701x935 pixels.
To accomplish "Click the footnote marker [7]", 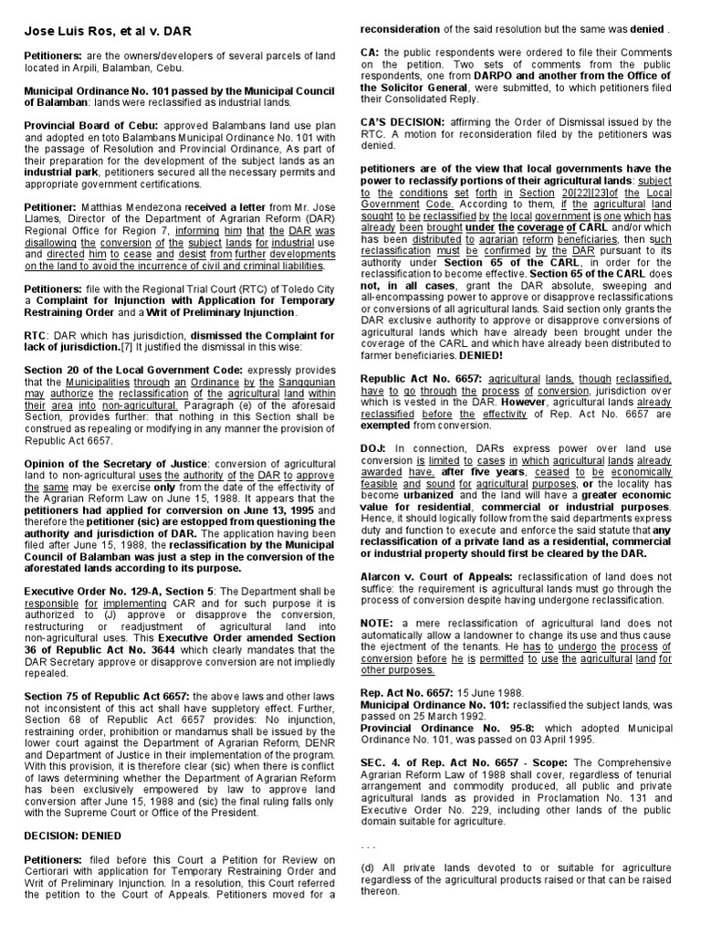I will pyautogui.click(x=130, y=348).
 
